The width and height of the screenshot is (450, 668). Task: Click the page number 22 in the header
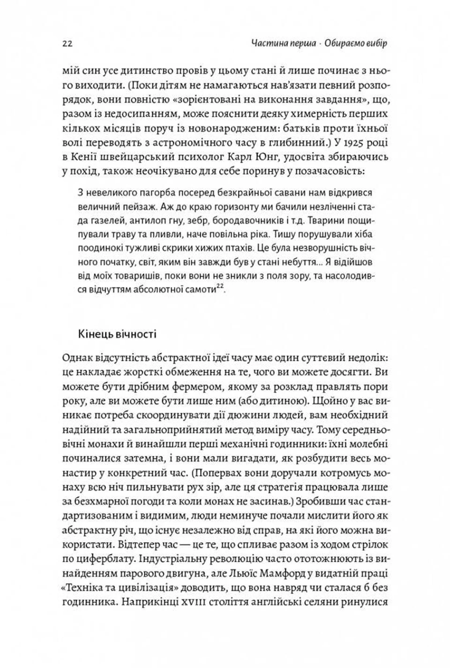click(67, 44)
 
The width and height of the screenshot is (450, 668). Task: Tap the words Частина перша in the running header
click(283, 43)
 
